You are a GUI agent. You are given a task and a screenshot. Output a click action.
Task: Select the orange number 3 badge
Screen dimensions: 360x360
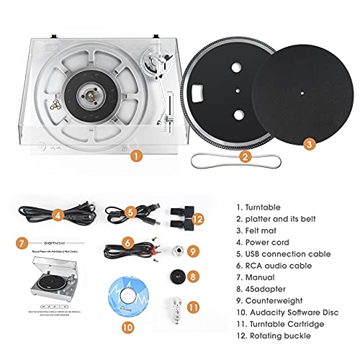coord(310,143)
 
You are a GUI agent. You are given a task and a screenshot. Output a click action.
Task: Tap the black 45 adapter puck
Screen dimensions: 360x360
coord(173,274)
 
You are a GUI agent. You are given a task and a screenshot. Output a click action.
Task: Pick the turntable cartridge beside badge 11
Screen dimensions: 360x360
coord(174,308)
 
